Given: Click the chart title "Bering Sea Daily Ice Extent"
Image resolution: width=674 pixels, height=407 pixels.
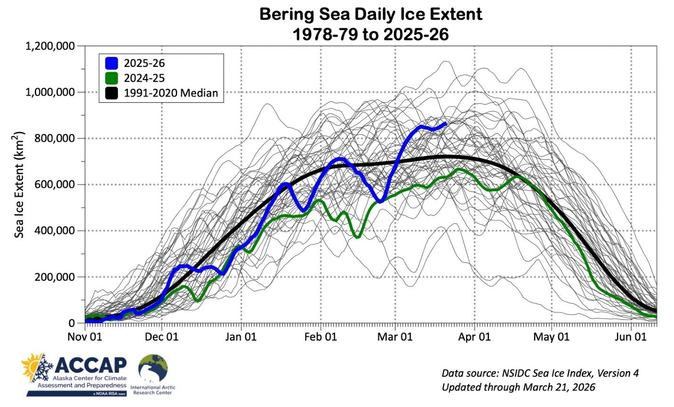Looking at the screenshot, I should (x=370, y=14).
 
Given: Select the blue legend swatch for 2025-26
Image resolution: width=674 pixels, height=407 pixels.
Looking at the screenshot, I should (x=112, y=63).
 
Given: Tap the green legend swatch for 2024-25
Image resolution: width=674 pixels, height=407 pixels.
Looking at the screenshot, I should (x=112, y=78).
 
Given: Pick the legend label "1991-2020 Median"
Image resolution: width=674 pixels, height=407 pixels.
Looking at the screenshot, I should (x=171, y=93).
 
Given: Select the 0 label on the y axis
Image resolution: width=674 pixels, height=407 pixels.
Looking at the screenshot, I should (x=72, y=323).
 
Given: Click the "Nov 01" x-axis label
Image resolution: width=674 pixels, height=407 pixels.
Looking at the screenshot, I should (x=85, y=337).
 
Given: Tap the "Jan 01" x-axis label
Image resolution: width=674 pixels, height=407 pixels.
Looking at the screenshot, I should (x=241, y=337).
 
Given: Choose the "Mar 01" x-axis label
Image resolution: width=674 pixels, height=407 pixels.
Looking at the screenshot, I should (x=395, y=337).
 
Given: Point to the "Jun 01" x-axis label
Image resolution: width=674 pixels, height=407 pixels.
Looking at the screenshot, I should (x=631, y=337).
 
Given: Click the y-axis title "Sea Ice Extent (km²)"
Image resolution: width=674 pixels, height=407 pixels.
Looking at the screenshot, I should (x=19, y=185).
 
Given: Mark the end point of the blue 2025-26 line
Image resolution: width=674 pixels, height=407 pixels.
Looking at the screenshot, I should (x=445, y=123).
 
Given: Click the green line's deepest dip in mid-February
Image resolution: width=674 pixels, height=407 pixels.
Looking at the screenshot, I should (x=357, y=237).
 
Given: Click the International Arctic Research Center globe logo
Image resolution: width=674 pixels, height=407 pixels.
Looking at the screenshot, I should (x=153, y=368).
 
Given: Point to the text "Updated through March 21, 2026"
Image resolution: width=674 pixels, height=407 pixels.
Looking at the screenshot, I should (x=518, y=387).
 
